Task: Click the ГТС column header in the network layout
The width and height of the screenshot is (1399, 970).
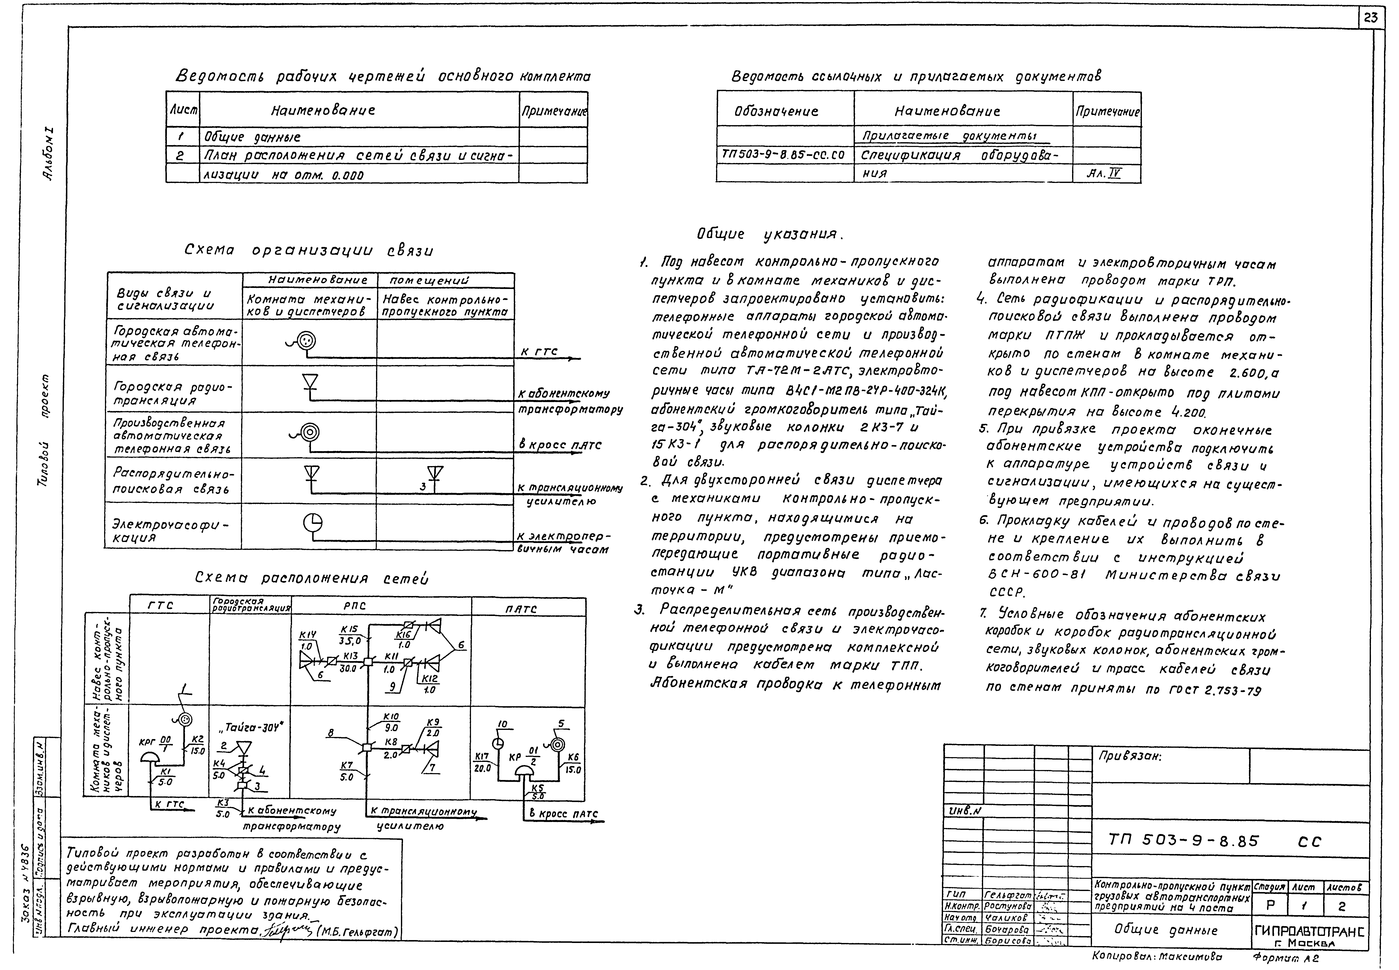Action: pyautogui.click(x=161, y=606)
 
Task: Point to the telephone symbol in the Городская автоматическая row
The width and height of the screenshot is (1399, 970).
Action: pyautogui.click(x=306, y=342)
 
